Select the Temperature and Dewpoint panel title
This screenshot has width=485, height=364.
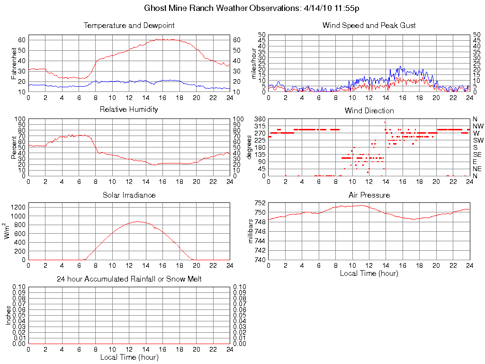129,26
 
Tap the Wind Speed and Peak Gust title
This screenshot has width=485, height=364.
369,26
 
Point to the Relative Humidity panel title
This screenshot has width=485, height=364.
129,109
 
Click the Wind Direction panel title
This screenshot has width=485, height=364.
369,111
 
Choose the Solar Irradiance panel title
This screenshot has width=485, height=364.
129,195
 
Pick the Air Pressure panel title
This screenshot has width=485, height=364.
369,195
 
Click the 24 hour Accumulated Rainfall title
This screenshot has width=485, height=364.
129,279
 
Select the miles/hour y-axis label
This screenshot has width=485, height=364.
254,63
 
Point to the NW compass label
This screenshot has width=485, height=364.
477,126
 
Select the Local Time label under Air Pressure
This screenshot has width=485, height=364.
369,273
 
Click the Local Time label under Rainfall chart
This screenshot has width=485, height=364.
129,357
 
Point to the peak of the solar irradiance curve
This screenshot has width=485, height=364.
137,221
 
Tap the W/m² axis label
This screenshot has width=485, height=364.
8,231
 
